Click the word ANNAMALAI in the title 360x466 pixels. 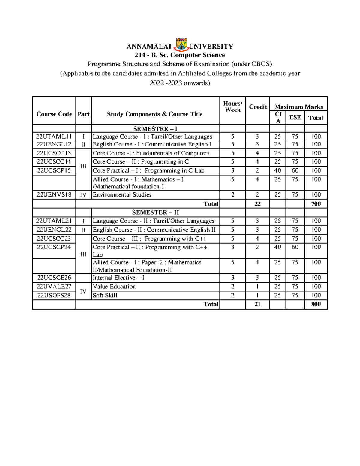(x=149, y=47)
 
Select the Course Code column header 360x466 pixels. (x=54, y=114)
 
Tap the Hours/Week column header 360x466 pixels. (x=233, y=107)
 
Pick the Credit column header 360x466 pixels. (x=258, y=107)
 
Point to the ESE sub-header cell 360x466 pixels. (x=295, y=117)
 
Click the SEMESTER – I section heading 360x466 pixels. (x=155, y=129)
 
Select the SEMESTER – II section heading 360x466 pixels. (x=155, y=212)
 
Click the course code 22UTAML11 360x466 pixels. (x=54, y=137)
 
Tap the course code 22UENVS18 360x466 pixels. (x=54, y=194)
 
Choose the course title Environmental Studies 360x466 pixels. (x=122, y=194)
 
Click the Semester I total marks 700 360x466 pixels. (x=316, y=204)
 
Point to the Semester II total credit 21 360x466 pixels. (x=257, y=304)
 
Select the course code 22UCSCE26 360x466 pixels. (x=54, y=278)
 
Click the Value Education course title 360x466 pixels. (x=114, y=287)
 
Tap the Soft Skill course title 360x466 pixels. (x=105, y=295)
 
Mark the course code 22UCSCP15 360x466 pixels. (x=54, y=170)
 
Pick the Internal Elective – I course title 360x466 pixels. (x=118, y=278)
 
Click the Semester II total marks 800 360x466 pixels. (x=316, y=304)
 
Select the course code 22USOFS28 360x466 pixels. (x=54, y=295)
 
